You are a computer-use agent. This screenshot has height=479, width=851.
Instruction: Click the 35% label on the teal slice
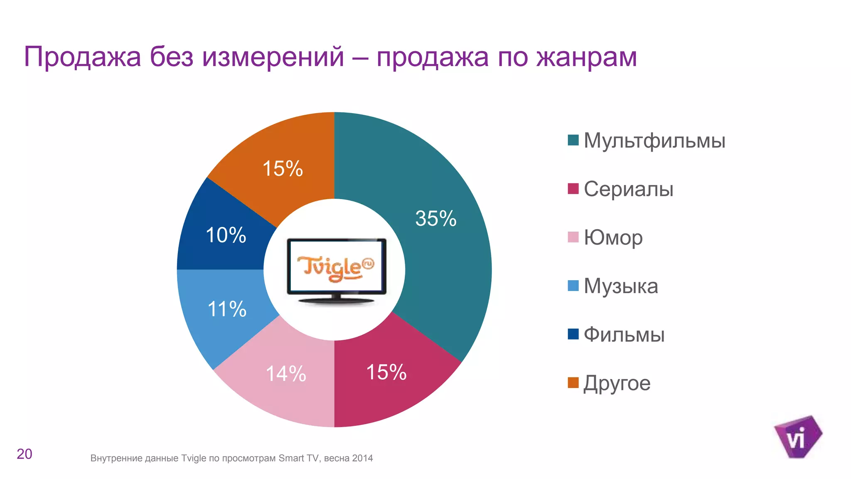tap(435, 219)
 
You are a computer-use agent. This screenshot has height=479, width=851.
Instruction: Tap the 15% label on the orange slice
tap(283, 169)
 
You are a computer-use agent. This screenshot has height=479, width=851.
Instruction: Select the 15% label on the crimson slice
tap(386, 372)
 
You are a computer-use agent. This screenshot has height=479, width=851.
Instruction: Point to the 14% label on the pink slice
tap(286, 374)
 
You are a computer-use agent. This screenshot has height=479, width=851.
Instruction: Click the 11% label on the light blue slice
tap(227, 309)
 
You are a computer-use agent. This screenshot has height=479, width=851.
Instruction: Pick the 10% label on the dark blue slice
tap(226, 235)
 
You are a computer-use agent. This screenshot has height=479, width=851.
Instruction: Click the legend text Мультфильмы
tap(654, 141)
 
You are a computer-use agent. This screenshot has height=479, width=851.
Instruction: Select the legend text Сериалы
tap(628, 189)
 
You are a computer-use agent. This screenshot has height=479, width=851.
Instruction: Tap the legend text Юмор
tap(613, 238)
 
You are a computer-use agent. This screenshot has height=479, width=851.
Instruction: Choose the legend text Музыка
tap(621, 286)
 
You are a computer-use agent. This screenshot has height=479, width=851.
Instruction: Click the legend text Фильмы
tap(624, 335)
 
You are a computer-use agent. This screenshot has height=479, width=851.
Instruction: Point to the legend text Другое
tap(617, 383)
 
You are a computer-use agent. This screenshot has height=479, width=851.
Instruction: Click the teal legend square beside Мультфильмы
tap(573, 140)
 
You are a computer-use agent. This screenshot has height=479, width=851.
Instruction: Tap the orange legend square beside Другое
tap(573, 383)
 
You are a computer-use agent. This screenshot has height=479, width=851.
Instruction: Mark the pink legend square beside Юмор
tap(573, 237)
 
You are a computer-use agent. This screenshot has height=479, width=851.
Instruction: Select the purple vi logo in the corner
tap(797, 437)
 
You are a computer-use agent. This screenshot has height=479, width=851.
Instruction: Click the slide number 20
tap(25, 454)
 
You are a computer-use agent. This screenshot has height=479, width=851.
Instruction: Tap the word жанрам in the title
tap(586, 57)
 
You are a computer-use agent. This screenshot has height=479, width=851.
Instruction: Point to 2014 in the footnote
tap(362, 458)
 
